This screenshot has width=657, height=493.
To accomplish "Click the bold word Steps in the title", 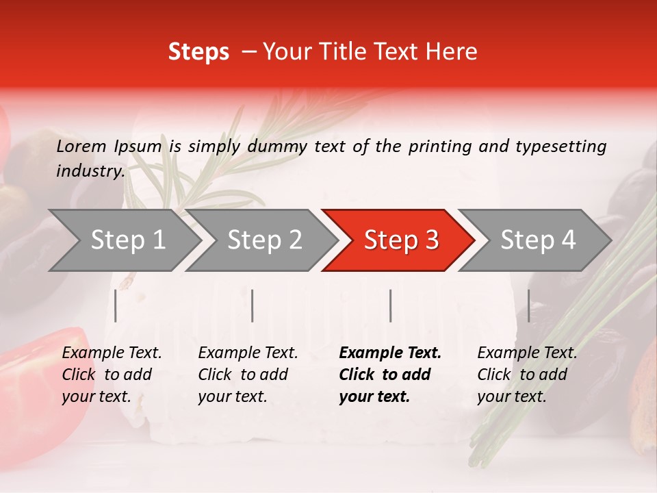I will (198, 51).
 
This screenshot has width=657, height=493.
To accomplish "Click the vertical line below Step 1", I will (116, 306).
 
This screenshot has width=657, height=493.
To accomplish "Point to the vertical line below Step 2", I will (253, 306).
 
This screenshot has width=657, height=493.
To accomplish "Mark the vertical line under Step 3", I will (390, 306).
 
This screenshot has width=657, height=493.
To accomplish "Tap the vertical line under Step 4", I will (528, 306).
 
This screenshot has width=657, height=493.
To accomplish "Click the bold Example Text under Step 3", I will (390, 375).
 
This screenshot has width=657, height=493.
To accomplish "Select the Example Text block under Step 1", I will (112, 375).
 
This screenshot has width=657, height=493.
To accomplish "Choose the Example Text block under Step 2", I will (248, 375).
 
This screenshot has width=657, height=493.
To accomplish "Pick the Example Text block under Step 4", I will (527, 375).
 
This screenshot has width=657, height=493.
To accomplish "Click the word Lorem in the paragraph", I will (81, 146).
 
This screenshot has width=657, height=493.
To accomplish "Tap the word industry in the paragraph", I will (90, 171).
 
